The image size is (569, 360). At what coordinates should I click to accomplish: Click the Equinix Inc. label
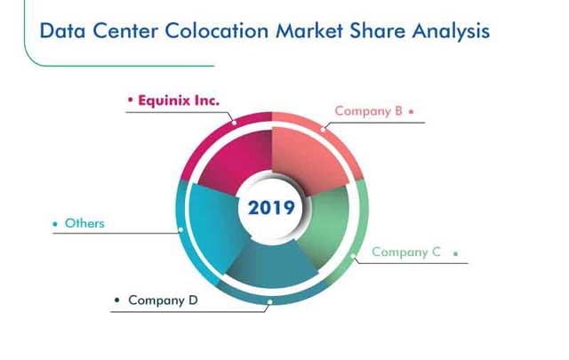point(179,100)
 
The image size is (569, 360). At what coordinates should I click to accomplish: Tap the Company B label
point(369,111)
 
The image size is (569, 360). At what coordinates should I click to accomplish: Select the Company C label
point(406,252)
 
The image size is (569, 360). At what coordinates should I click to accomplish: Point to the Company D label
point(163,300)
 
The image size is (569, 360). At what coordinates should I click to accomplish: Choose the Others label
point(84,223)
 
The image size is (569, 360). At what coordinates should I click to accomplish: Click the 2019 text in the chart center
point(271,208)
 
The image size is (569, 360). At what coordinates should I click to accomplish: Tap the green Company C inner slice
point(325,225)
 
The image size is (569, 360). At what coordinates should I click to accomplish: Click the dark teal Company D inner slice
point(272,264)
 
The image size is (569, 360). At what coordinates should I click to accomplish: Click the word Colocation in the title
point(217,30)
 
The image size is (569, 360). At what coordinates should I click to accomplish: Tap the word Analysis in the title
point(451,31)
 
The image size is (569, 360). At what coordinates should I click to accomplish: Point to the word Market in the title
point(309,30)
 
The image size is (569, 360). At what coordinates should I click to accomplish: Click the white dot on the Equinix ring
point(235,123)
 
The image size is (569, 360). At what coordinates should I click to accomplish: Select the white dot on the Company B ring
point(323,129)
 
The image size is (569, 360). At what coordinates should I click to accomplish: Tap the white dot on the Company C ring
point(353,256)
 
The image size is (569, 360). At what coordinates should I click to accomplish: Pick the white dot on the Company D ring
point(270,302)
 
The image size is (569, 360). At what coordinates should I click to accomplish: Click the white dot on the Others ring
point(181,229)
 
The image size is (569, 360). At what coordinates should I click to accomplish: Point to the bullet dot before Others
point(55,224)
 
